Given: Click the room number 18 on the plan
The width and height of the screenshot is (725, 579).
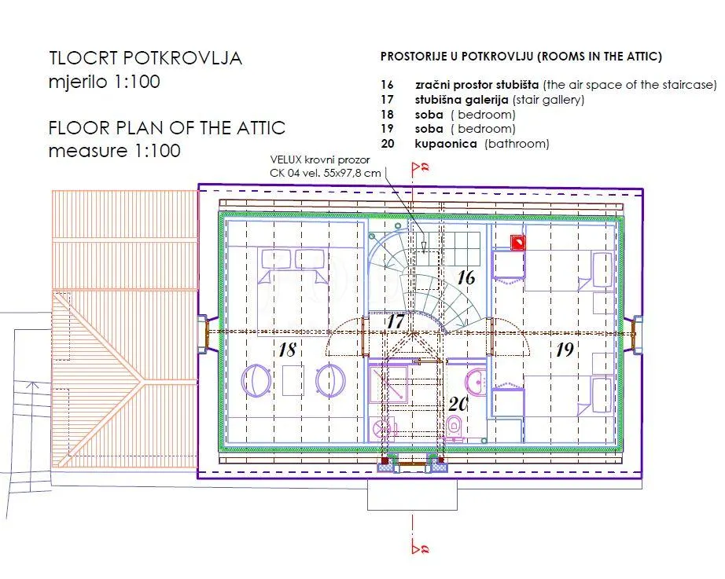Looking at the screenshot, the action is click(x=287, y=350).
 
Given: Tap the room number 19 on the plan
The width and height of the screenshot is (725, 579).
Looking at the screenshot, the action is click(x=565, y=350).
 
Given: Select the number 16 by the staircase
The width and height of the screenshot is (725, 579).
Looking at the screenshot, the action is click(x=466, y=277).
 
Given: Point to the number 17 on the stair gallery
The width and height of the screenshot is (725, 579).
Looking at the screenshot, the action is click(x=396, y=321).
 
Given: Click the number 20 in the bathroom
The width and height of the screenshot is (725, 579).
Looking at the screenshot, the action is click(x=458, y=404).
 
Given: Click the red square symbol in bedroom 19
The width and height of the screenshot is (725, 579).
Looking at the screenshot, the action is click(x=518, y=243).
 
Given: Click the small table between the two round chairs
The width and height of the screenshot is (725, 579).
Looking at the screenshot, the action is click(x=293, y=379).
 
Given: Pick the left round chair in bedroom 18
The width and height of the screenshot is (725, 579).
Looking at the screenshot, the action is click(x=256, y=380).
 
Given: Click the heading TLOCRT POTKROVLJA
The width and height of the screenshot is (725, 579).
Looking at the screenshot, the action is click(x=145, y=58).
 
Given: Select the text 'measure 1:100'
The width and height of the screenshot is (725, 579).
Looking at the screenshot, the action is click(x=114, y=151).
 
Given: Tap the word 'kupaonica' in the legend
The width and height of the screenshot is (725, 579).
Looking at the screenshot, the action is click(x=446, y=144).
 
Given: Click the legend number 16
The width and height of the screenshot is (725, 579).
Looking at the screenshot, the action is click(x=387, y=85).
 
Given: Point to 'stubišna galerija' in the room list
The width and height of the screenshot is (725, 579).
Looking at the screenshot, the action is click(x=462, y=99).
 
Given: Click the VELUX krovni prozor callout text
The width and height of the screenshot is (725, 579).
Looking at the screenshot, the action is click(x=325, y=167).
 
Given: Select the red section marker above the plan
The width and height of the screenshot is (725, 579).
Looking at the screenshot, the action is click(x=421, y=168).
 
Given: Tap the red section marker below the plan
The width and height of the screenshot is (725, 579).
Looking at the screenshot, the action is click(x=421, y=548).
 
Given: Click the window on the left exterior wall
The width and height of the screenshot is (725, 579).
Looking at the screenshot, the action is click(x=203, y=334).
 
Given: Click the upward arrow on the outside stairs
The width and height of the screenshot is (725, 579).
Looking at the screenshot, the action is click(x=32, y=387).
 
